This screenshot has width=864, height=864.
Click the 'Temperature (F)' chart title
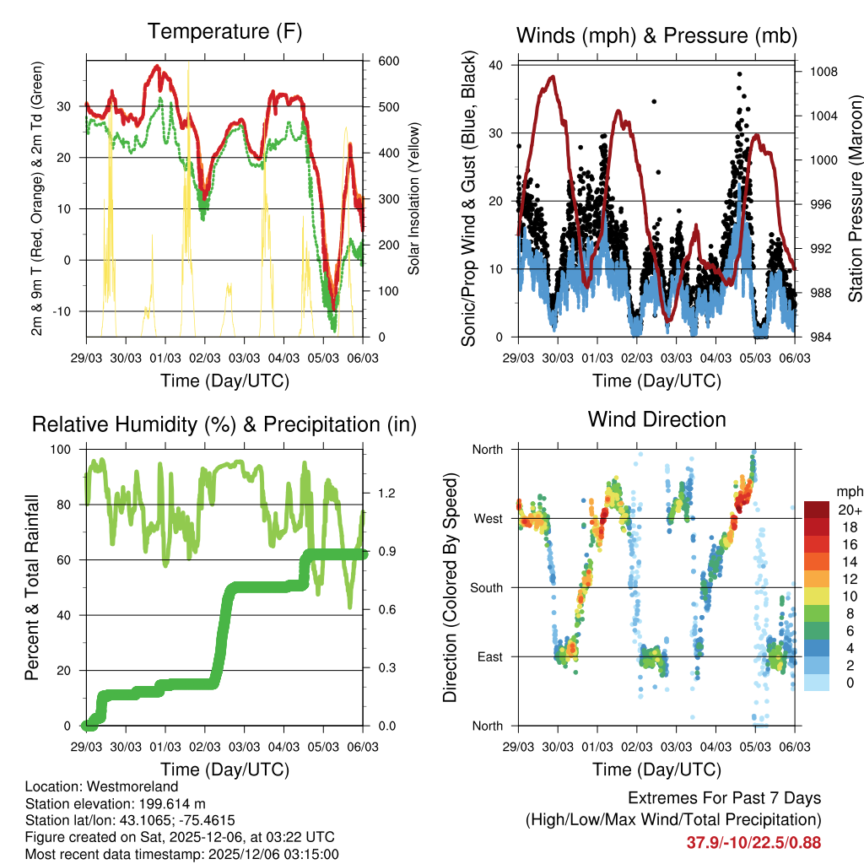pos(224,32)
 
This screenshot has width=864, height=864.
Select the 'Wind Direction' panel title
pos(656,419)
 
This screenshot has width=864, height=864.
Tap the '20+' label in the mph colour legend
pos(849,510)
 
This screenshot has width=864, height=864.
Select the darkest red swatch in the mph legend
pos(818,510)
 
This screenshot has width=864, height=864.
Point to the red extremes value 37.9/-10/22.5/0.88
pos(753,842)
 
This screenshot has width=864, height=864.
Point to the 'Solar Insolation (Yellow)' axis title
pos(413,198)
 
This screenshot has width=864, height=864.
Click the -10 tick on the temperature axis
pos(65,311)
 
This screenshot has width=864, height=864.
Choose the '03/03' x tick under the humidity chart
pos(245,747)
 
